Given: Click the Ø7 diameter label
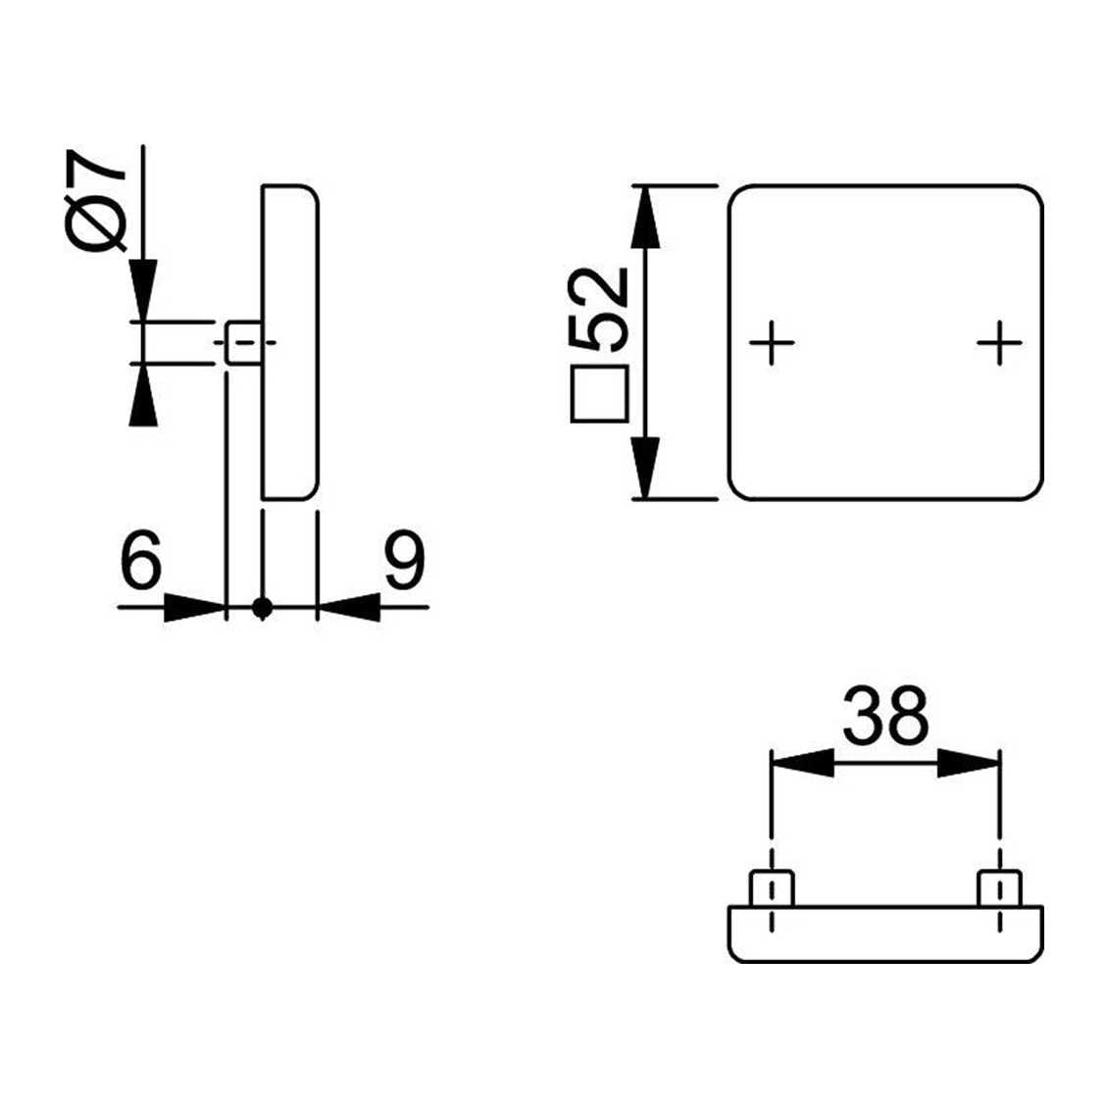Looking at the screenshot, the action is tap(95, 200).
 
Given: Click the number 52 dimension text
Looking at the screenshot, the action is tap(598, 309).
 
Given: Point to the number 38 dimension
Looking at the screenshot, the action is tap(885, 715).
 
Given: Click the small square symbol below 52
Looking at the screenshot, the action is tap(599, 393).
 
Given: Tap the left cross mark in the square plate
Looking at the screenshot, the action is tap(772, 343).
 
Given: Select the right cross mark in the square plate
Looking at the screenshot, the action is tap(999, 343).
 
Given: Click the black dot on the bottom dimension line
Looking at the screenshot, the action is tap(262, 607).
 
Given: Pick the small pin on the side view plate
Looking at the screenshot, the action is tap(243, 343).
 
